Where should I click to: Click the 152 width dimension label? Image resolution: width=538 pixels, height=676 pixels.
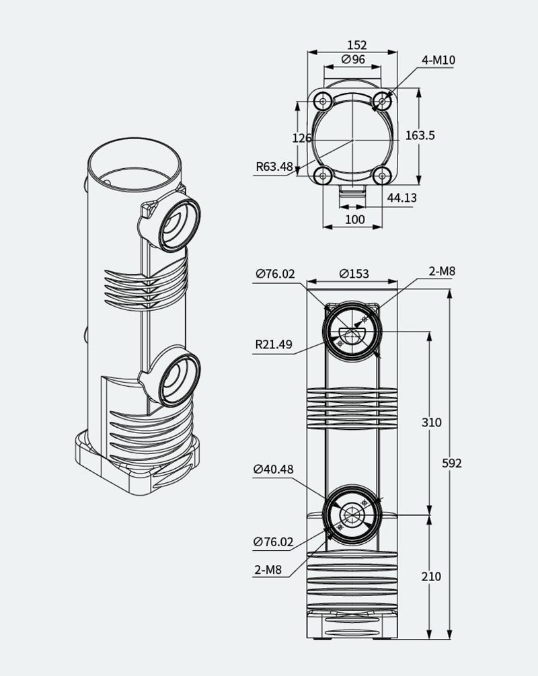[357, 45]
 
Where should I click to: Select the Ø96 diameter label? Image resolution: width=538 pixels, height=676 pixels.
[353, 59]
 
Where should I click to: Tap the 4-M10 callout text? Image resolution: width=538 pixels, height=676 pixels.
[438, 60]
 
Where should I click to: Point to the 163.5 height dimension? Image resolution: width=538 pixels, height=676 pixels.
[420, 135]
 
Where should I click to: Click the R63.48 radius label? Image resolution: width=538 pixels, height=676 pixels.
[274, 166]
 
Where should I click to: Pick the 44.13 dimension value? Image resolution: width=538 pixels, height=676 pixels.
[401, 198]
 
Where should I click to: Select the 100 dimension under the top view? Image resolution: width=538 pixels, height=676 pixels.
[355, 219]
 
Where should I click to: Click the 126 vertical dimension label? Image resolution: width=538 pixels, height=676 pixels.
[302, 138]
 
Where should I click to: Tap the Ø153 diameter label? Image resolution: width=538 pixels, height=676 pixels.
[354, 274]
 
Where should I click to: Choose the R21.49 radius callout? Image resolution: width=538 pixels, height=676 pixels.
[274, 344]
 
